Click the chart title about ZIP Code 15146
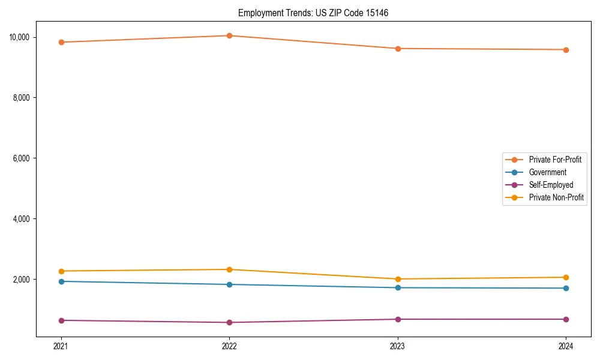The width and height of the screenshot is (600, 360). point(313,13)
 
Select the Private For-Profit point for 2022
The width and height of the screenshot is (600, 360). point(229,35)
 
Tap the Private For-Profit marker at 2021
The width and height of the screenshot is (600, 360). point(61,42)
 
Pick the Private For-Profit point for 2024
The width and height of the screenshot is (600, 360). point(566,50)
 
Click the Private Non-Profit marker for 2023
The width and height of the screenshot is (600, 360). point(398,279)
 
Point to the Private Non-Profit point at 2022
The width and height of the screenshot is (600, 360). point(229,269)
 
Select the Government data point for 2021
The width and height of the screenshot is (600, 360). point(61,281)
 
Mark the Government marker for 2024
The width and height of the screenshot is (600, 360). point(566,288)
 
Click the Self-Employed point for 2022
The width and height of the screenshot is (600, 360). point(229,322)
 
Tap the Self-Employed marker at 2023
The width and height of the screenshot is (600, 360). point(398,319)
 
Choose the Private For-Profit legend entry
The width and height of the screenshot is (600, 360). point(555,160)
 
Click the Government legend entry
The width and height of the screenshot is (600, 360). point(547,172)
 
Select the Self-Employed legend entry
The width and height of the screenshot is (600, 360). point(551,185)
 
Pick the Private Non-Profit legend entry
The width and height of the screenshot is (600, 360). point(556,197)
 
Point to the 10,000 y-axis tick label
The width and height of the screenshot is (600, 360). point(19,37)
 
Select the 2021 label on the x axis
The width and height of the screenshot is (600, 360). point(61,346)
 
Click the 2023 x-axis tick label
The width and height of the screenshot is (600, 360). point(398,346)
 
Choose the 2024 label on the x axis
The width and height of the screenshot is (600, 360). point(566,346)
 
